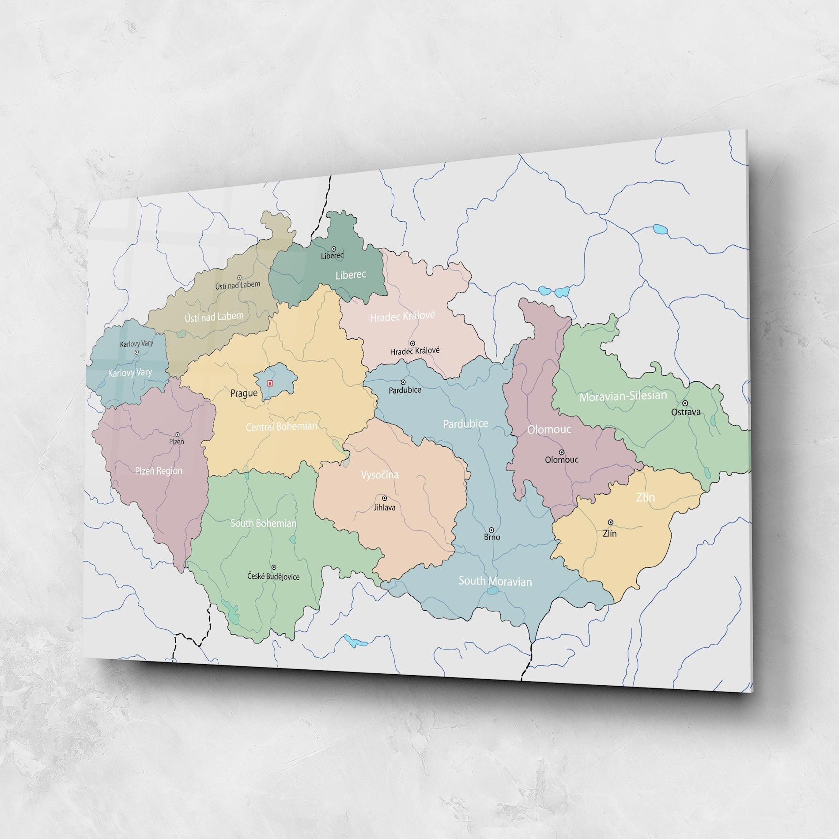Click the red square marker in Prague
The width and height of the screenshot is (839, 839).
pos(270,383)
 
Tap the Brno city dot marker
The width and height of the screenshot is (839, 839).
pos(491,530)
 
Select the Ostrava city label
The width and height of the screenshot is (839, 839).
pos(686,412)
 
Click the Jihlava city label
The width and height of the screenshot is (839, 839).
pos(385,508)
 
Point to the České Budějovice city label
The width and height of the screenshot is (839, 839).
pos(273,576)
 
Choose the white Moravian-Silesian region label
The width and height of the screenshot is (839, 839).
pos(623,396)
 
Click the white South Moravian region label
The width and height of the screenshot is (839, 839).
pos(495,581)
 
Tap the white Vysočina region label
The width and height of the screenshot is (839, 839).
pos(380,475)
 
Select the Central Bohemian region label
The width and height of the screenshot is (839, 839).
pos(281,427)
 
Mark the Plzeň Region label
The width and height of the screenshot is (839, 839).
pos(159,471)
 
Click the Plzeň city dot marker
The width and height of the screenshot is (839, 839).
pos(178,435)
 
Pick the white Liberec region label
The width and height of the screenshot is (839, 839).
pos(351,275)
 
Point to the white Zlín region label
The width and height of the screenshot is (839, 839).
pos(645,497)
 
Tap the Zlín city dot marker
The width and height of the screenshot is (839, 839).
pos(610,522)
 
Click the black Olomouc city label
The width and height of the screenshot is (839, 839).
pos(561,460)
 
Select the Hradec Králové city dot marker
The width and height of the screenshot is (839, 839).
pos(412,343)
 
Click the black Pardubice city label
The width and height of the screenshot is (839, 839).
pos(405,390)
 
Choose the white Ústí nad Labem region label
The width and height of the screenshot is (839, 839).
pos(214,316)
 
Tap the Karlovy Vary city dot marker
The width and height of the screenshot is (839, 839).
pos(136,352)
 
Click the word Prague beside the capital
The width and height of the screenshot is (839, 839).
pos(244,393)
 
